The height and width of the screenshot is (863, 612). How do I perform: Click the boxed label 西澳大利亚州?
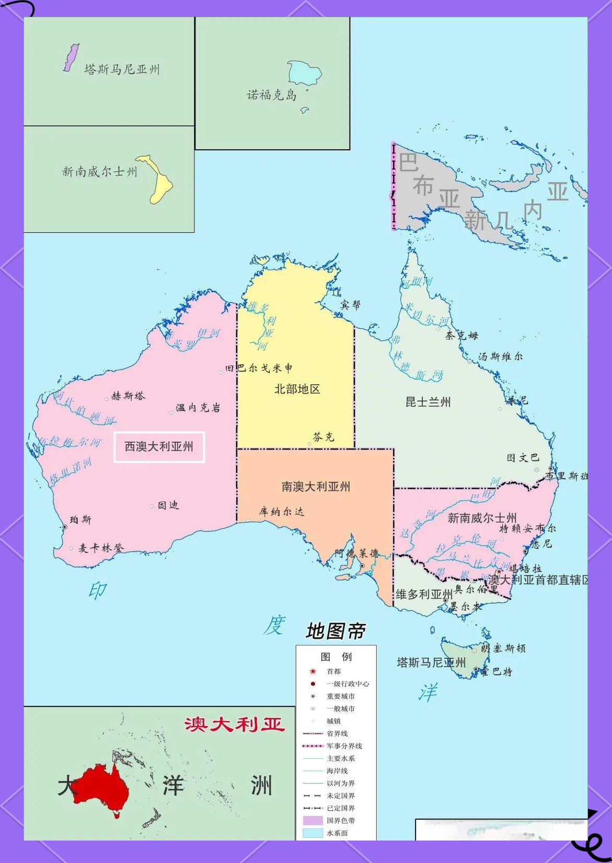pos(159,447)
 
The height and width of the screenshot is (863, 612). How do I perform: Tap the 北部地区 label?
pos(297,389)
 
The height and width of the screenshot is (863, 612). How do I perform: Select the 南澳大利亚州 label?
pos(316,487)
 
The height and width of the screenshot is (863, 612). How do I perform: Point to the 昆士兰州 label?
pos(428,402)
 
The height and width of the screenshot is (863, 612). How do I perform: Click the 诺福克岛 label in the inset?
pos(271,95)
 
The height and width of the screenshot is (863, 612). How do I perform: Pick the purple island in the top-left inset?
pos(71,57)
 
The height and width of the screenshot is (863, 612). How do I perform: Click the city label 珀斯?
pos(80,519)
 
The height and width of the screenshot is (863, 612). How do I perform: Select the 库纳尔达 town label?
pos(281,512)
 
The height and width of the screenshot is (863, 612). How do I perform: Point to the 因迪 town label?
pos(168,505)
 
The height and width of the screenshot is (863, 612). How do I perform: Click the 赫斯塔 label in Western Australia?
pos(128,396)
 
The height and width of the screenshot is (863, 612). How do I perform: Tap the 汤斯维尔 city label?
pos(500,357)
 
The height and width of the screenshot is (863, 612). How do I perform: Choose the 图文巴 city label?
pos(523,458)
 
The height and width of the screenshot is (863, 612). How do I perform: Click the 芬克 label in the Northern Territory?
pos(324,437)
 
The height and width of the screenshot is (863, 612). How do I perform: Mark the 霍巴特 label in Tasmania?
pos(496,671)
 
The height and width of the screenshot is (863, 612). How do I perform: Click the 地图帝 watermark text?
pos(336,631)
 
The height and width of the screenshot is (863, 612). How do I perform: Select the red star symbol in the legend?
pos(313,671)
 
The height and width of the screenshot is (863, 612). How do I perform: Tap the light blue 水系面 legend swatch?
pos(313,833)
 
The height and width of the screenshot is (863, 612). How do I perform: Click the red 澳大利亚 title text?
pos(235,724)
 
